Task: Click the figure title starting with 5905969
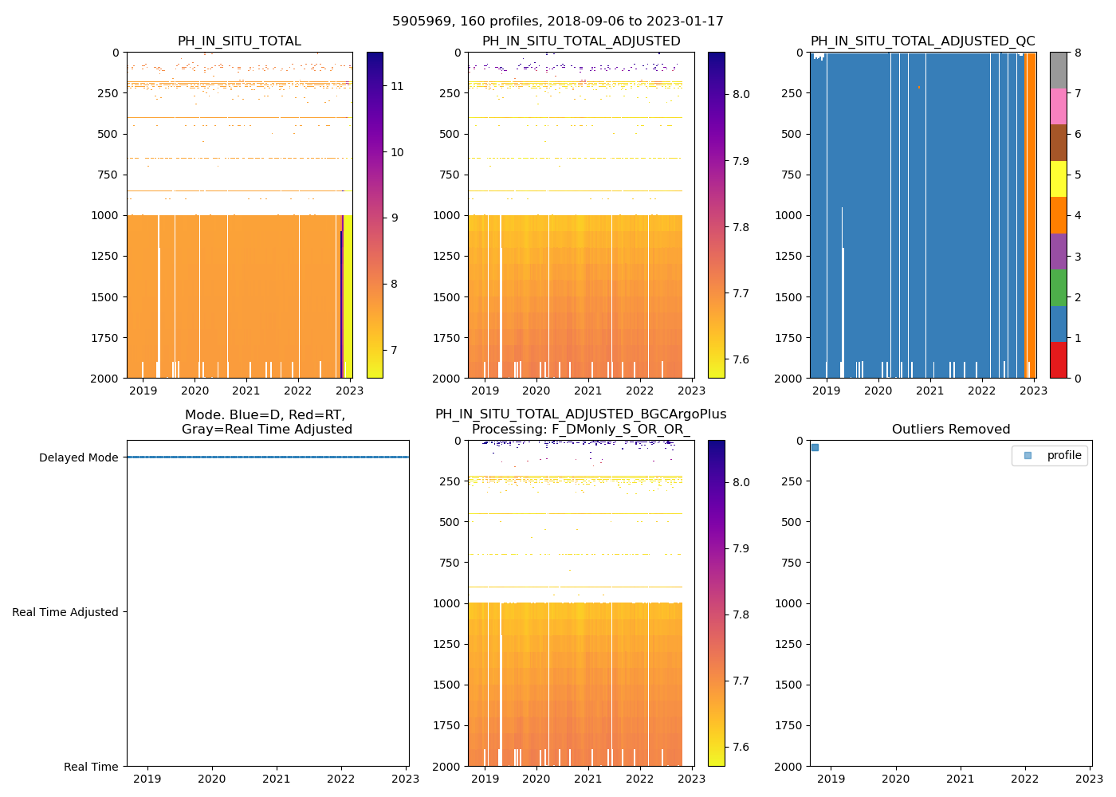(x=558, y=22)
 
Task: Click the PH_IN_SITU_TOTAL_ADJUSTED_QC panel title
(x=922, y=41)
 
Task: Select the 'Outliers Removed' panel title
(x=951, y=430)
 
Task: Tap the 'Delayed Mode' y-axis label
(x=78, y=457)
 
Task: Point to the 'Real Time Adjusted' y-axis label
(x=65, y=612)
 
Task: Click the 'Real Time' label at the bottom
(x=91, y=767)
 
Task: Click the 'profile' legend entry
(x=1063, y=455)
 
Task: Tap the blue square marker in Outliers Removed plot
(x=815, y=447)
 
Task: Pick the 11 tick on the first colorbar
(x=396, y=86)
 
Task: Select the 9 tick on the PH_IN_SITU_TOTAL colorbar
(x=396, y=218)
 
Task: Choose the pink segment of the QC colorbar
(x=1058, y=106)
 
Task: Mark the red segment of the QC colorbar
(x=1058, y=360)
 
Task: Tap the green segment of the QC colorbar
(x=1058, y=288)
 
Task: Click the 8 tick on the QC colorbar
(x=1078, y=53)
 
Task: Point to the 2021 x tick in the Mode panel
(x=277, y=779)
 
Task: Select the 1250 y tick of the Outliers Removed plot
(x=789, y=644)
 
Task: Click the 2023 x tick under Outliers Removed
(x=1090, y=779)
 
